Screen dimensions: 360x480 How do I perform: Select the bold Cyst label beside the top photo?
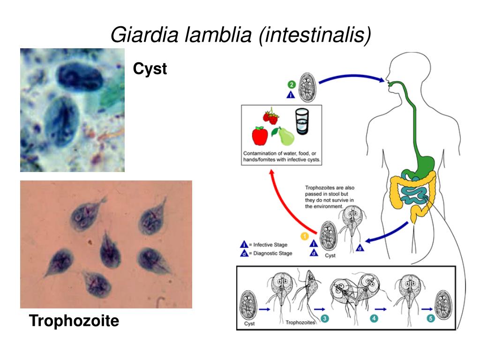point(150,69)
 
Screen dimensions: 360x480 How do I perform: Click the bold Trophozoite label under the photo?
point(74,321)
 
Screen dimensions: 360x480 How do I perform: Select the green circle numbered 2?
point(291,85)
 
